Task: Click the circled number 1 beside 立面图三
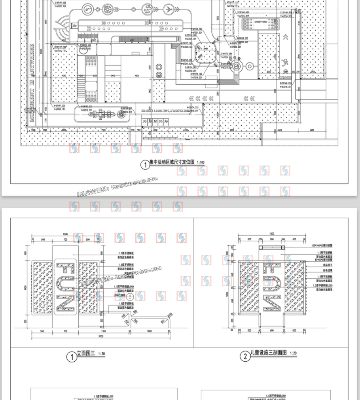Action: pyautogui.click(x=72, y=357)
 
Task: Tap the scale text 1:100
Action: pyautogui.click(x=201, y=162)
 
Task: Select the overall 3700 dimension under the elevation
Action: pyautogui.click(x=100, y=336)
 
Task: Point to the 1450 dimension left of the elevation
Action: pyautogui.click(x=25, y=289)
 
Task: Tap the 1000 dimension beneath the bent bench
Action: pyautogui.click(x=149, y=331)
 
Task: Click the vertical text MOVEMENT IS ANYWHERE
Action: pyautogui.click(x=31, y=83)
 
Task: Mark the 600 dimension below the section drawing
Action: pyautogui.click(x=271, y=331)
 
